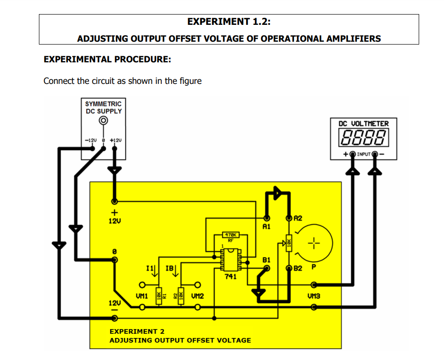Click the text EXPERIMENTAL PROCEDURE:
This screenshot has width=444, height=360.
(x=107, y=60)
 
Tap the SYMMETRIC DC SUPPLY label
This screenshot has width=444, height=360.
(x=104, y=107)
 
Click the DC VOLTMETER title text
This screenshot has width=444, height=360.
(x=364, y=124)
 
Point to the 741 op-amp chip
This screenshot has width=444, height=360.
(x=230, y=261)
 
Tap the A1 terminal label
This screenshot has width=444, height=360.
(x=266, y=227)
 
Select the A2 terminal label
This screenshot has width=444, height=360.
(x=298, y=218)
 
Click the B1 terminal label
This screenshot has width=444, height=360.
(x=266, y=259)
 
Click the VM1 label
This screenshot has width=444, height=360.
(x=142, y=296)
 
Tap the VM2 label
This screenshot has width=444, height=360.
(x=197, y=296)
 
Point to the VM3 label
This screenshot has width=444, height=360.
(x=314, y=296)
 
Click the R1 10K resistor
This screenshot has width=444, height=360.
(x=159, y=296)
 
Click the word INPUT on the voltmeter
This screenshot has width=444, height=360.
(x=364, y=154)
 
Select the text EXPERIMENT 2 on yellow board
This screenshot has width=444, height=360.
(x=137, y=331)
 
